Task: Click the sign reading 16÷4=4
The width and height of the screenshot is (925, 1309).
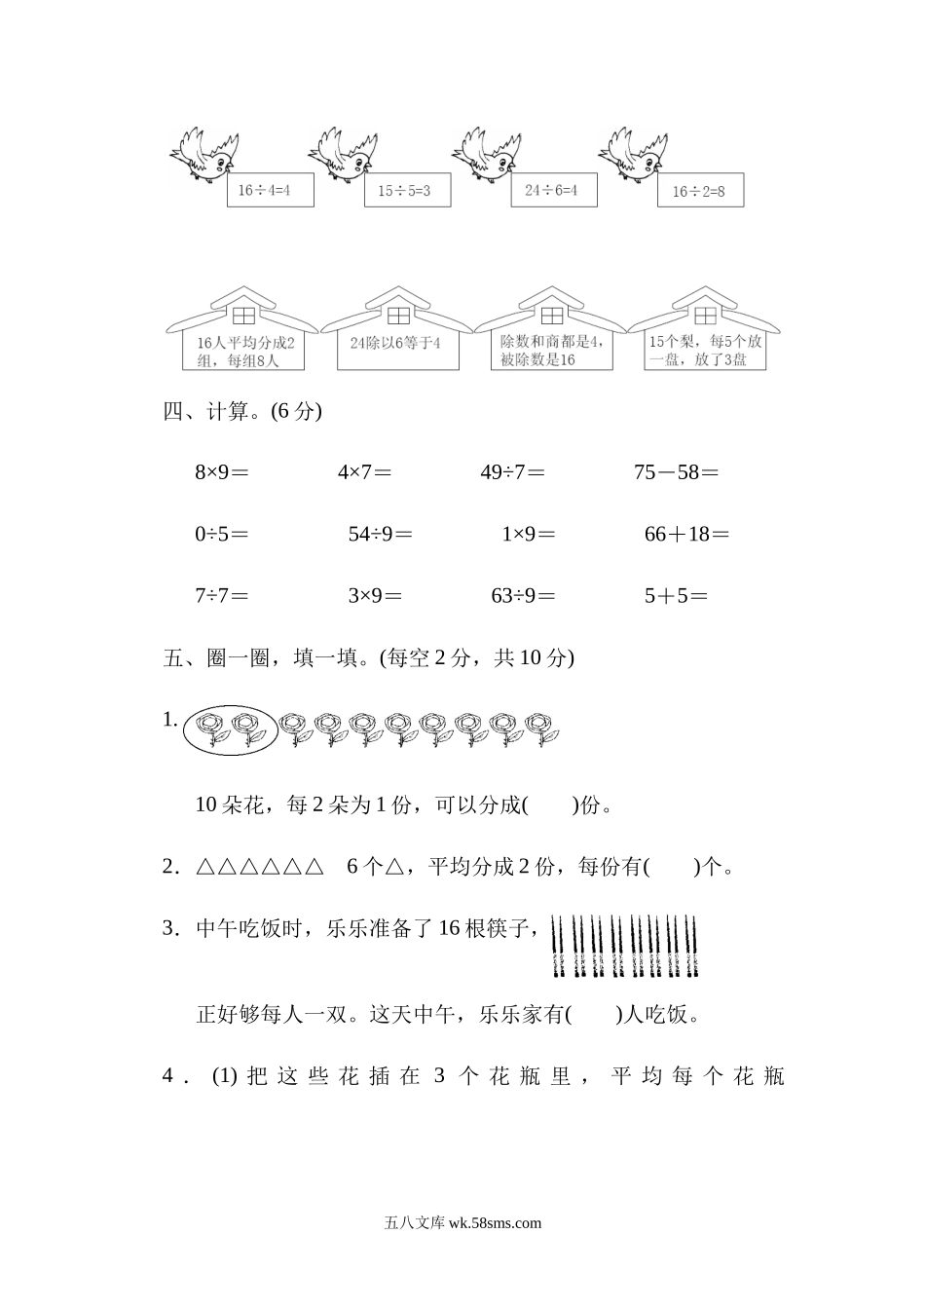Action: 272,190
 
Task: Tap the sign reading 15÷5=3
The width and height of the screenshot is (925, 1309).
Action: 396,191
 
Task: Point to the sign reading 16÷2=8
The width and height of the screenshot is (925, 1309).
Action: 699,192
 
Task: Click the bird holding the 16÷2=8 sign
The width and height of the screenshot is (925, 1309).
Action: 634,154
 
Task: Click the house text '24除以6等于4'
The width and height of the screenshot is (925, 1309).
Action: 397,343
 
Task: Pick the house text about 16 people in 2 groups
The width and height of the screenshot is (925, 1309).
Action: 243,351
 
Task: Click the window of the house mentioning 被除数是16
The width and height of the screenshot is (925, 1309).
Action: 552,316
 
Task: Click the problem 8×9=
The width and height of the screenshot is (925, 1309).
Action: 222,473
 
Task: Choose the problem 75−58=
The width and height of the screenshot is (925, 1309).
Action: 676,473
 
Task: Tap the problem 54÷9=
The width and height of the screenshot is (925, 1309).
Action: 380,534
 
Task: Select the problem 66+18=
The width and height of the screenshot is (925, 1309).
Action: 686,534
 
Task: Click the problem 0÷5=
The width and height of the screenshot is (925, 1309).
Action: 222,534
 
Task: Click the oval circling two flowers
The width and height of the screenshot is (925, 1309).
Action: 231,729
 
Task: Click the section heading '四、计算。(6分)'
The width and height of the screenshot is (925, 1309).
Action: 242,411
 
